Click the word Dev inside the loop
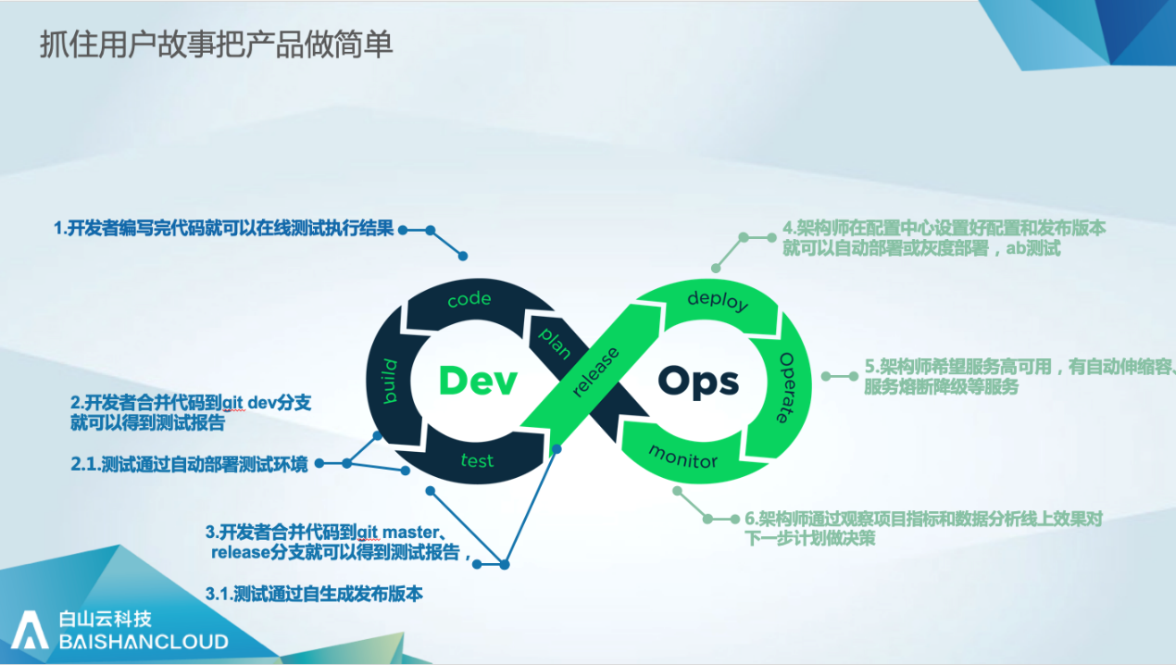click(x=477, y=381)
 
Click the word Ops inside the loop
click(x=698, y=382)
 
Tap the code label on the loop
click(x=469, y=300)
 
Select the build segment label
click(x=390, y=380)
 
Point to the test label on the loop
click(x=477, y=460)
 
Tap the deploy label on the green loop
click(x=718, y=300)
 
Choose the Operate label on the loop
click(x=787, y=387)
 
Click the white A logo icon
click(x=30, y=629)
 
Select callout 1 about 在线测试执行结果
click(x=225, y=229)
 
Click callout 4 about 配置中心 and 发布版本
click(x=945, y=238)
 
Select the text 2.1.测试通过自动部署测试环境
click(x=190, y=464)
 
